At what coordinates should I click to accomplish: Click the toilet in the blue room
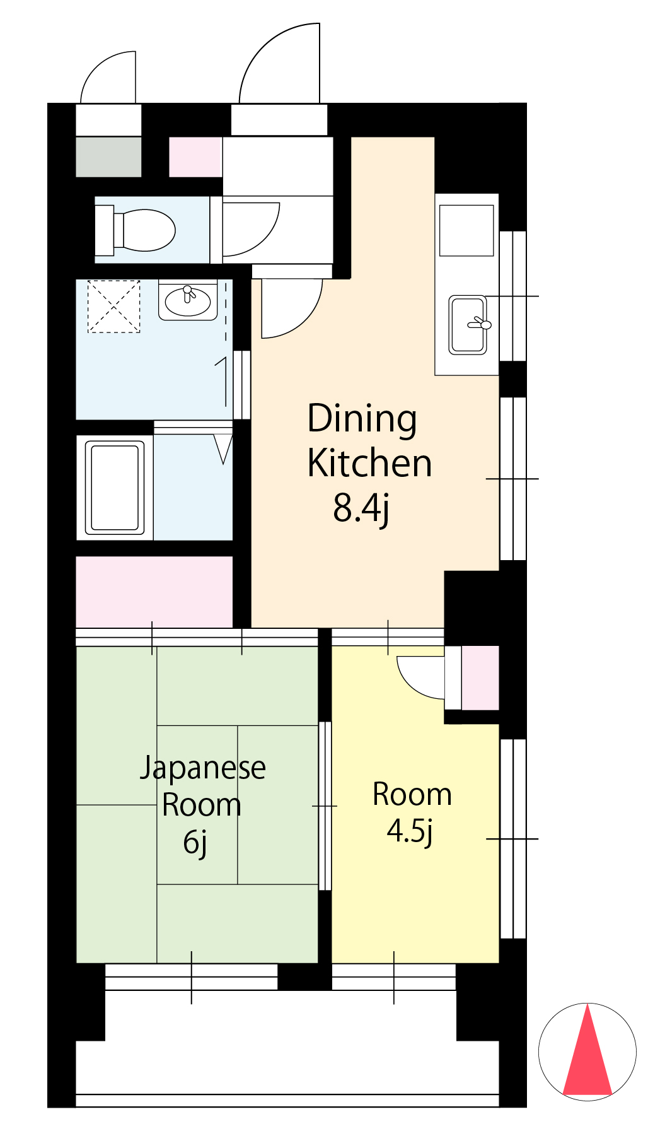tap(135, 230)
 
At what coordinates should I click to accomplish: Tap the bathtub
tap(115, 487)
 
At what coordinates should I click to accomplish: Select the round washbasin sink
tap(187, 301)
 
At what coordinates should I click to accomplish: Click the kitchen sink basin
tap(468, 325)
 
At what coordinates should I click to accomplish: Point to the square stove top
tap(466, 230)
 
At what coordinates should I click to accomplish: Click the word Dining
tap(362, 419)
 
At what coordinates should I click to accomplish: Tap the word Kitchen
tap(369, 464)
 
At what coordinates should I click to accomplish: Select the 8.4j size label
tap(361, 508)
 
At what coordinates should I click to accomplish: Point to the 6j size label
tap(195, 843)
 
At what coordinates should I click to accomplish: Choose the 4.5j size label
tap(410, 831)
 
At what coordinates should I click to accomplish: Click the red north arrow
tap(587, 1050)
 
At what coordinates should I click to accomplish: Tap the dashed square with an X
tap(113, 307)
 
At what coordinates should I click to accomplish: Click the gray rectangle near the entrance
tap(108, 157)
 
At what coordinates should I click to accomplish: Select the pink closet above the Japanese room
tap(154, 592)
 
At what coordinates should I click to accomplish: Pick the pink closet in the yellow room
tap(480, 678)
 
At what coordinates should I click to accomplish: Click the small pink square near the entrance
tap(195, 157)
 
